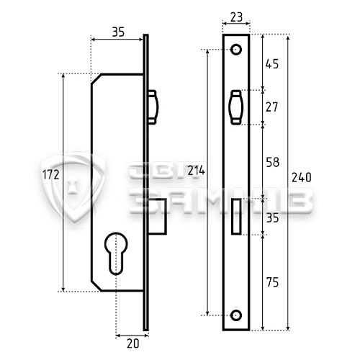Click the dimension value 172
point(50,175)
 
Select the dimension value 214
point(196,171)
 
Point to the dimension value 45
point(272,63)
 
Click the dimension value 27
point(272,107)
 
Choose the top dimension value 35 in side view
point(120,31)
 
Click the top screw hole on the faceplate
point(236,49)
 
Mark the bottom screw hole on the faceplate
point(236,315)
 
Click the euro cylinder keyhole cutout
point(116,252)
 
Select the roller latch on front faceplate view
point(236,107)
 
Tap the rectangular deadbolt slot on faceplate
point(236,215)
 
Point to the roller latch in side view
point(153,107)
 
